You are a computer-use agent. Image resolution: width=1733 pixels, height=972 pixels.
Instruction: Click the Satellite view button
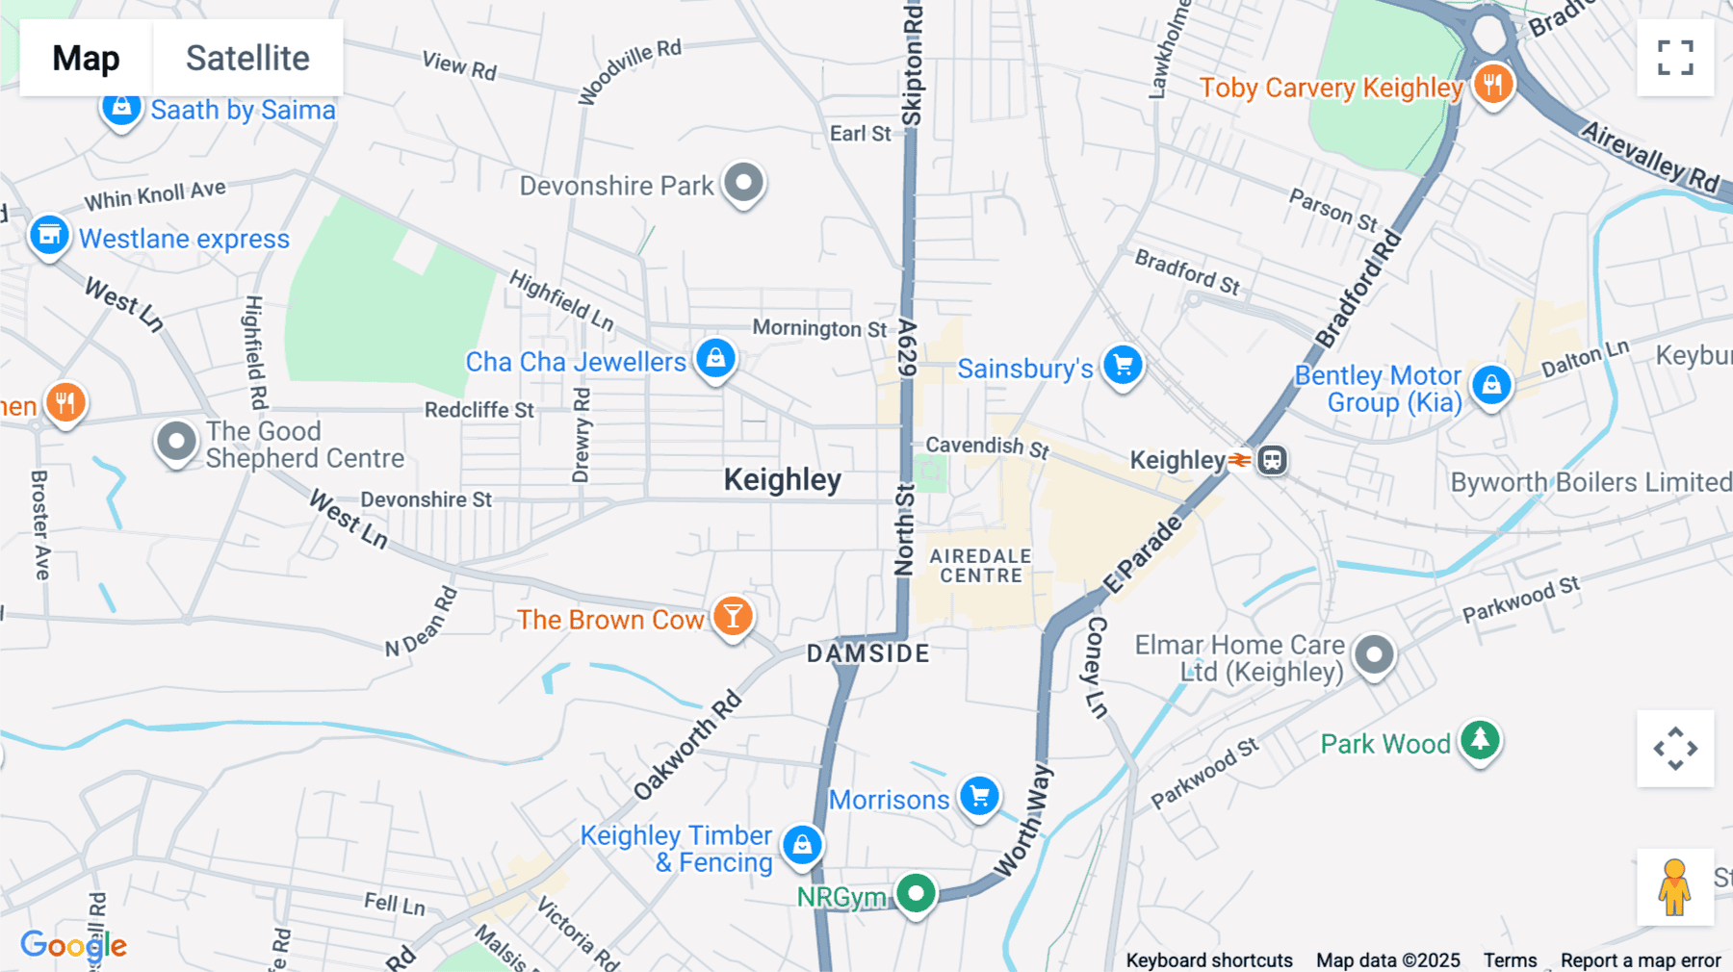click(x=247, y=58)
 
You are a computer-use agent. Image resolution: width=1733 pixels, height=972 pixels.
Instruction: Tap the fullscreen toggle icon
click(x=1675, y=58)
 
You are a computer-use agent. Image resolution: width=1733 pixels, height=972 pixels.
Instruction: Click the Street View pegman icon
click(x=1674, y=886)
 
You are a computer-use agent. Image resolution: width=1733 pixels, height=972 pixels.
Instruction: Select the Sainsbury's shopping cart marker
click(x=1123, y=366)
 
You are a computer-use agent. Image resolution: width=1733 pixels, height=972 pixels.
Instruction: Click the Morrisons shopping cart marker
click(x=980, y=797)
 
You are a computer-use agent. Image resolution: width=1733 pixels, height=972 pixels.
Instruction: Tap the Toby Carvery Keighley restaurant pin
click(x=1492, y=85)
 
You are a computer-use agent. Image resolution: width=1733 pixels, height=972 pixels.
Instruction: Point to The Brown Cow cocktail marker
click(x=733, y=617)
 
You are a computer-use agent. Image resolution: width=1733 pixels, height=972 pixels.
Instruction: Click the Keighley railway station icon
click(x=1273, y=460)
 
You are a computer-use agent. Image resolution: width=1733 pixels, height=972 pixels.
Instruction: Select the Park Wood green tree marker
click(x=1480, y=741)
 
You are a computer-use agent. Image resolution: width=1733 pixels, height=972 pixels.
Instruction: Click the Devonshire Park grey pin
click(x=743, y=182)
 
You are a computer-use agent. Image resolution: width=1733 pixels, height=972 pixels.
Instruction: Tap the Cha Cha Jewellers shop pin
click(x=715, y=359)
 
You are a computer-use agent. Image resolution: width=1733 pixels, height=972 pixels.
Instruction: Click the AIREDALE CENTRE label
click(x=981, y=566)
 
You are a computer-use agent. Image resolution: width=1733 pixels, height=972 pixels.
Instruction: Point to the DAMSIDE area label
click(x=868, y=653)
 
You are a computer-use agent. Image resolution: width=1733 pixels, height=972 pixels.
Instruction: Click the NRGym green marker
click(x=916, y=894)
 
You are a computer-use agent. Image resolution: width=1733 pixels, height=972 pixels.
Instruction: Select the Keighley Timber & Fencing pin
click(x=802, y=845)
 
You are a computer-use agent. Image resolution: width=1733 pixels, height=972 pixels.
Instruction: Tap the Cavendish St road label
click(x=987, y=447)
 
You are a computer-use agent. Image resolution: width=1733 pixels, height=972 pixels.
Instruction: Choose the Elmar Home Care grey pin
click(x=1374, y=656)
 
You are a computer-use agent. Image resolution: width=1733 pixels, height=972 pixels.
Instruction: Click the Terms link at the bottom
click(x=1510, y=959)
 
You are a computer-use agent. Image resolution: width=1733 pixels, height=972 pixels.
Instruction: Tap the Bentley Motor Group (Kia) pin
click(x=1490, y=385)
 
